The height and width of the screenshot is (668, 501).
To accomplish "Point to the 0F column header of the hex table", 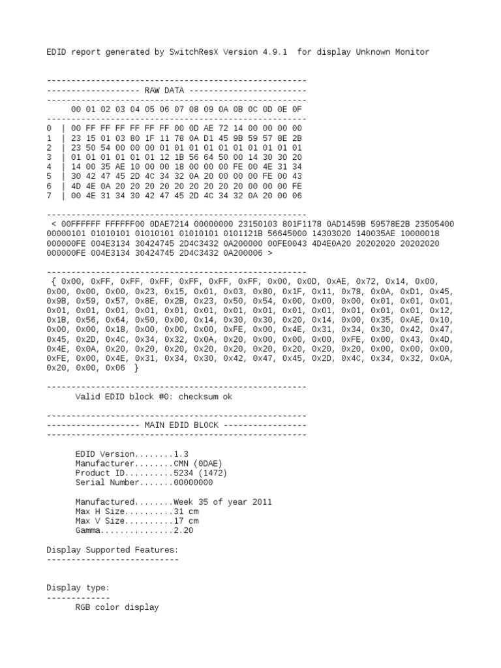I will tap(297, 109).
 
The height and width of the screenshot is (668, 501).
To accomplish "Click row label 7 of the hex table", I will tap(50, 195).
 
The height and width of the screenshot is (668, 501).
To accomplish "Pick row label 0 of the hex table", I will tap(50, 129).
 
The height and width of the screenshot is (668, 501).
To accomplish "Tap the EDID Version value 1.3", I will tap(181, 453).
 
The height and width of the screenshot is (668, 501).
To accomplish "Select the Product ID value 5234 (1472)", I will tap(200, 473).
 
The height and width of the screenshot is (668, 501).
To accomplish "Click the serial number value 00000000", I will tap(193, 483).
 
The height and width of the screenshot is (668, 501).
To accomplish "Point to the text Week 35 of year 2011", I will tap(222, 502).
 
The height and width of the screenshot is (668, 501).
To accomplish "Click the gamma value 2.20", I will tap(183, 530).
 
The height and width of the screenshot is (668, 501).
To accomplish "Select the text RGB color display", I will tap(117, 607).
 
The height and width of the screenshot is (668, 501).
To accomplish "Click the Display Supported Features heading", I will tap(112, 550).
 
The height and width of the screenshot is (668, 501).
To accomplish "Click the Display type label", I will tap(78, 588).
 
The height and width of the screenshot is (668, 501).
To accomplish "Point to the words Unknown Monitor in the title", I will tap(392, 52).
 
